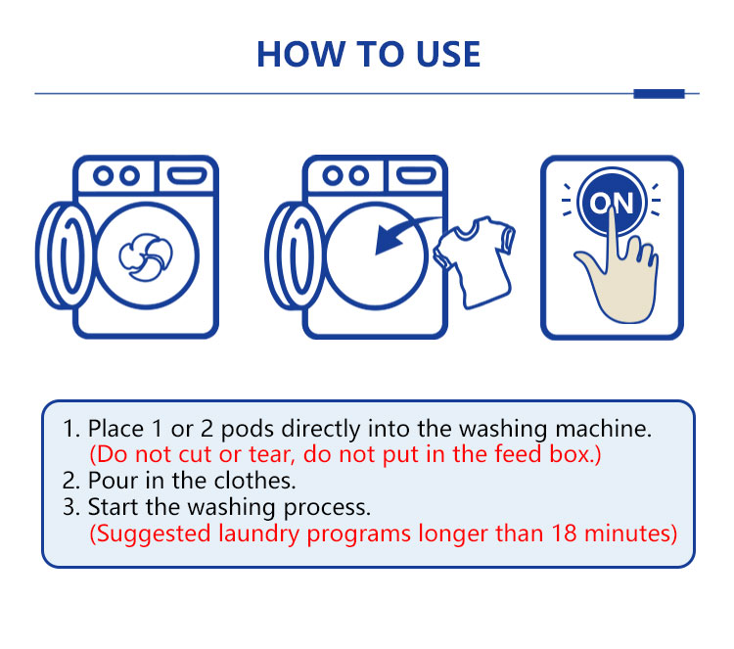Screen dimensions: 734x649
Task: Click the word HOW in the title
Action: pos(300,54)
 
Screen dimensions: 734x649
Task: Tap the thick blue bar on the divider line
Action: pos(659,94)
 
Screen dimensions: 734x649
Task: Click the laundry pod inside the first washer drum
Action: pos(146,257)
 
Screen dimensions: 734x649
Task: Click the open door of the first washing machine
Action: pos(66,255)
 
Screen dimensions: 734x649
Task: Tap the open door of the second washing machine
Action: pos(295,255)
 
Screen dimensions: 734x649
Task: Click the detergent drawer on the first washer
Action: pos(187,175)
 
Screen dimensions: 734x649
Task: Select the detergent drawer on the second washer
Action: pos(416,175)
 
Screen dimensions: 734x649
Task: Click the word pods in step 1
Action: pos(248,429)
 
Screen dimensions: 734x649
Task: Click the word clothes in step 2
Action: pos(254,481)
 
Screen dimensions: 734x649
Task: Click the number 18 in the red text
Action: pos(564,533)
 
